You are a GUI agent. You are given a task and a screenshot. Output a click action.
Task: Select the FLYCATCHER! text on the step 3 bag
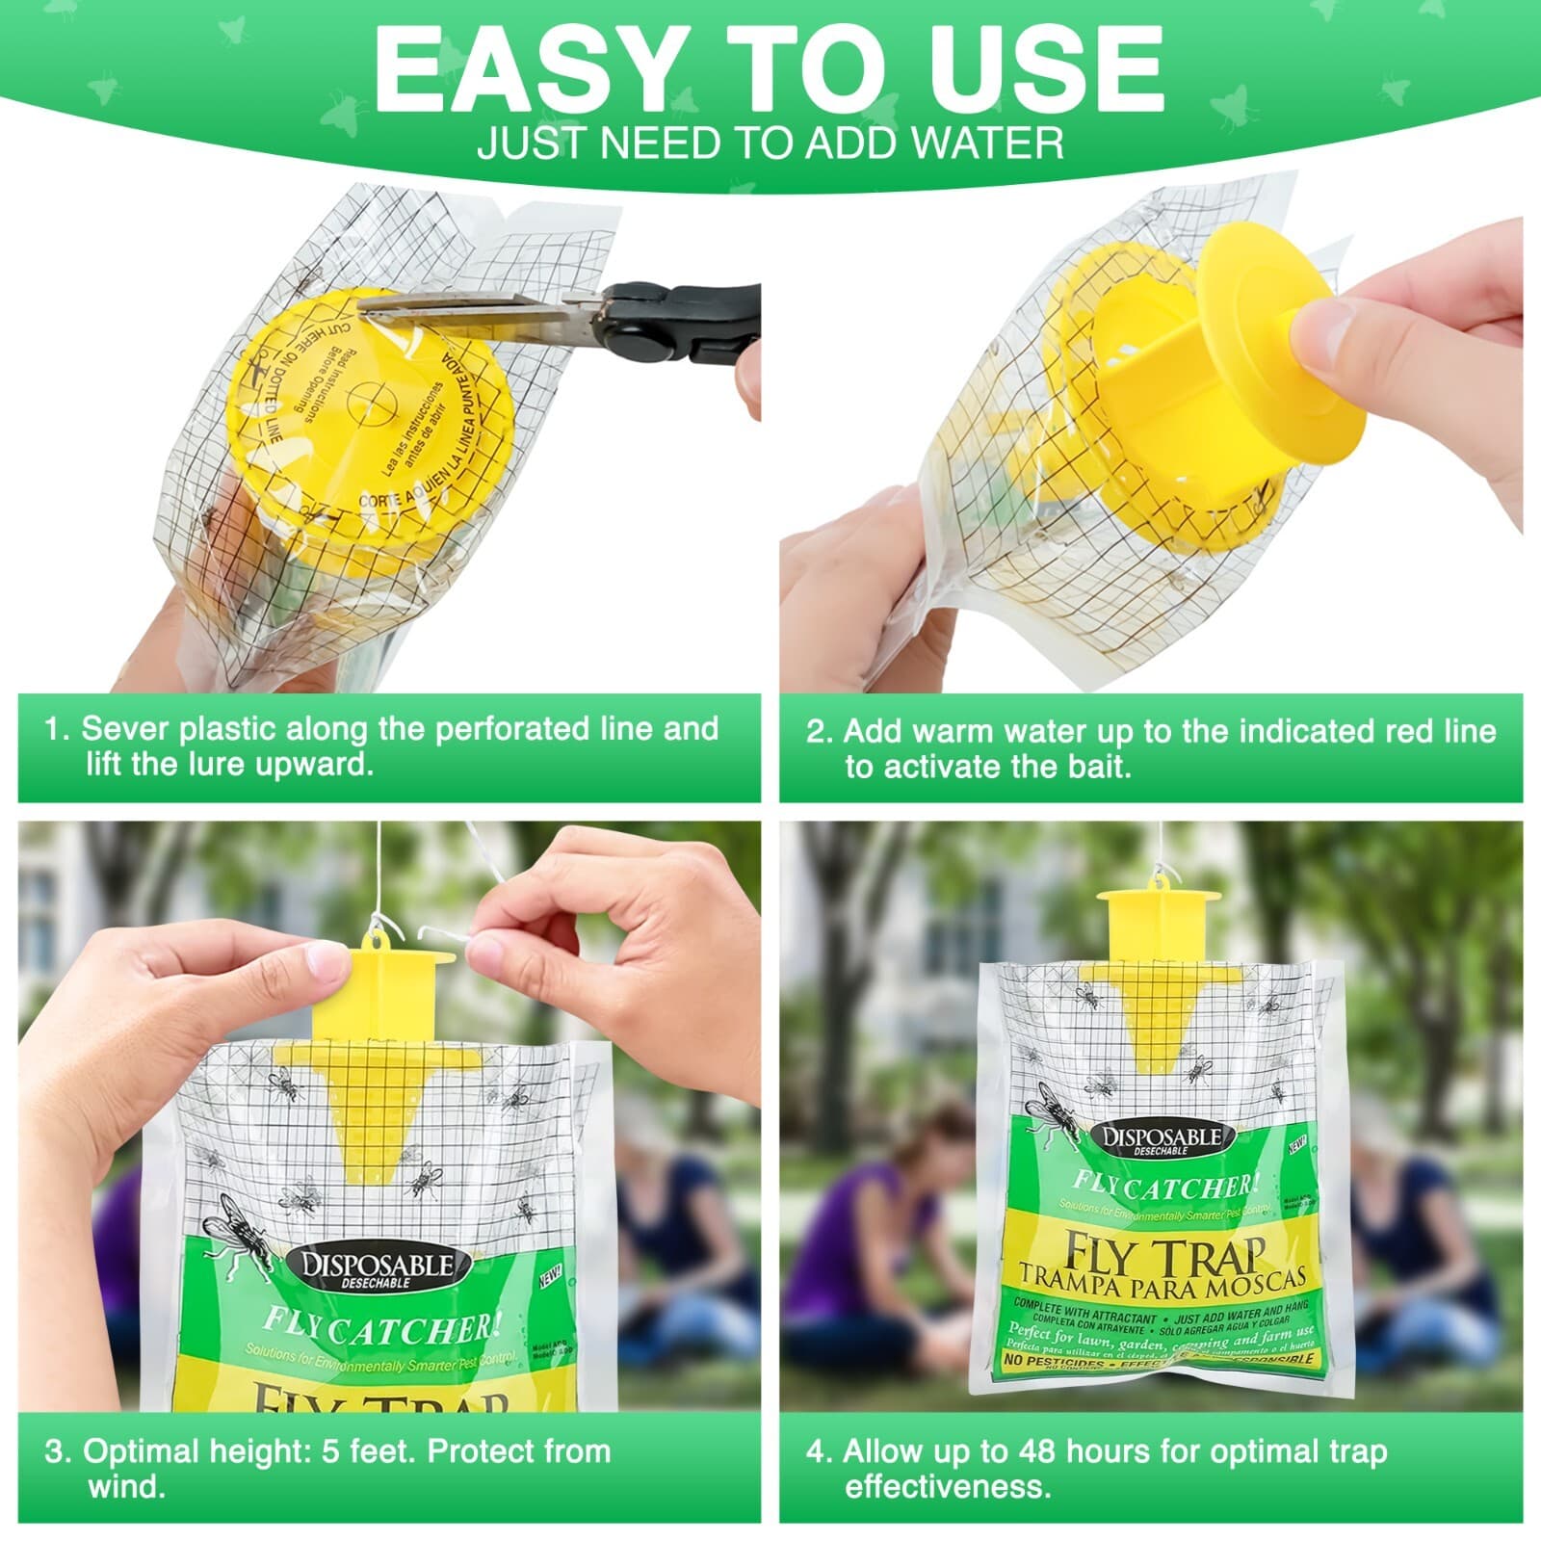point(380,1328)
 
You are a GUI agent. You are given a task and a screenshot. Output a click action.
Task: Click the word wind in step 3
point(126,1486)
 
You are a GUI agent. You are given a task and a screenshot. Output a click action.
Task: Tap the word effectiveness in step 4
point(947,1486)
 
